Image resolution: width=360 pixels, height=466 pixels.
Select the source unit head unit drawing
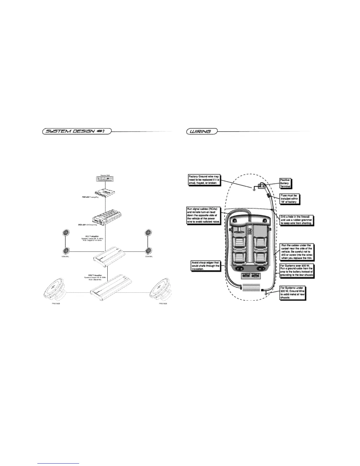[x=105, y=179]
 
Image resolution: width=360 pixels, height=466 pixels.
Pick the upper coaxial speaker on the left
[x=65, y=233]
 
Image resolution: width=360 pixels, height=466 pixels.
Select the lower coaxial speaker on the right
[x=148, y=251]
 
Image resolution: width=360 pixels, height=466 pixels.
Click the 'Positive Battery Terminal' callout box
[x=285, y=183]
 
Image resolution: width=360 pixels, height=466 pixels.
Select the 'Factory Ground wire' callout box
[x=204, y=179]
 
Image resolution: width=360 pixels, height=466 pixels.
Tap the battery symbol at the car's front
[x=261, y=186]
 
